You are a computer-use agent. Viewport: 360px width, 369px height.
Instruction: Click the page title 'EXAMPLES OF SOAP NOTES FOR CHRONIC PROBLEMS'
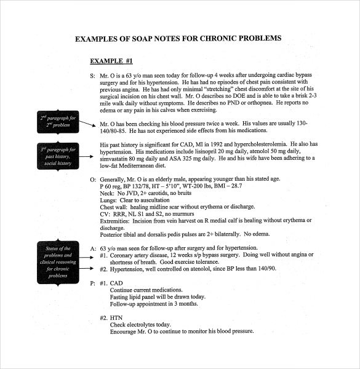pyautogui.click(x=178, y=38)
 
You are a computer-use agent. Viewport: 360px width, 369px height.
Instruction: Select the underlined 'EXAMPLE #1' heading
pyautogui.click(x=111, y=61)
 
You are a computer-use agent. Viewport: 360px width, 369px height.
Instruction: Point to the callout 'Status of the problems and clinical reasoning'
pyautogui.click(x=58, y=261)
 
